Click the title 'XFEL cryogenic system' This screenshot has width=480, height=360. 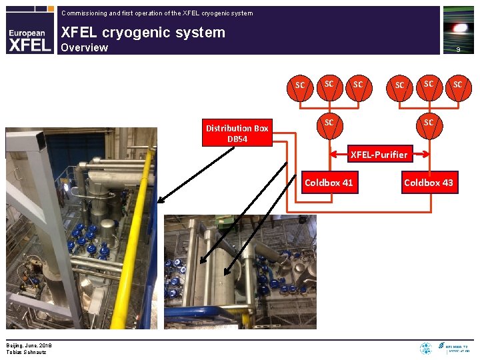point(143,32)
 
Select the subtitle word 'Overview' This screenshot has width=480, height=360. point(84,47)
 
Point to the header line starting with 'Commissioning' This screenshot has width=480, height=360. point(157,13)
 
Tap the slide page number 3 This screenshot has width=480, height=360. point(458,50)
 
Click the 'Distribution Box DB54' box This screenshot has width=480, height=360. point(237,133)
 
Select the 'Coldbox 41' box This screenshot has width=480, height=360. point(329,183)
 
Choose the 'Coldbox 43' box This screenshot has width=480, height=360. point(428,183)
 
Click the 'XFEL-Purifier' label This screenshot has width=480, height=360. point(379,155)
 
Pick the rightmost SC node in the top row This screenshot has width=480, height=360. point(457,85)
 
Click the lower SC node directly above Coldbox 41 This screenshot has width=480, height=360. point(329,123)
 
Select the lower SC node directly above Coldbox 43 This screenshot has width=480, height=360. point(428,123)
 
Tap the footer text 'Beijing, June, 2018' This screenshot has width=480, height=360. point(29,345)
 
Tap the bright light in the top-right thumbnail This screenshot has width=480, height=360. point(459,28)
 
